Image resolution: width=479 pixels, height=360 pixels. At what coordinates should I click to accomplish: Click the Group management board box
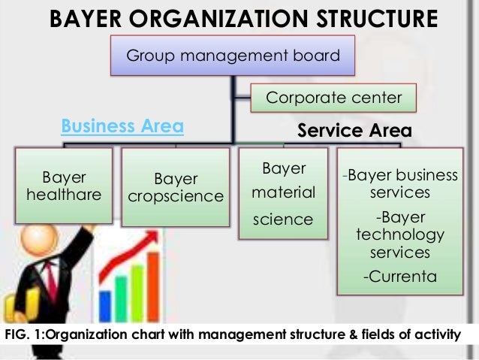232,55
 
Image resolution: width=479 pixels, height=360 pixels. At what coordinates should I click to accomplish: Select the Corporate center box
334,98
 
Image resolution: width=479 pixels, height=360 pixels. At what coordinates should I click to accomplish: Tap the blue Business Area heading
122,126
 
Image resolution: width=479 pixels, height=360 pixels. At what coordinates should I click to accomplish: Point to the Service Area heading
354,130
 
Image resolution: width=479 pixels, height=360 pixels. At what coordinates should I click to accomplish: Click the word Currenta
399,277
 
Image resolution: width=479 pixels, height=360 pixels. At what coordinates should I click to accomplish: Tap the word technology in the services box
399,235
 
